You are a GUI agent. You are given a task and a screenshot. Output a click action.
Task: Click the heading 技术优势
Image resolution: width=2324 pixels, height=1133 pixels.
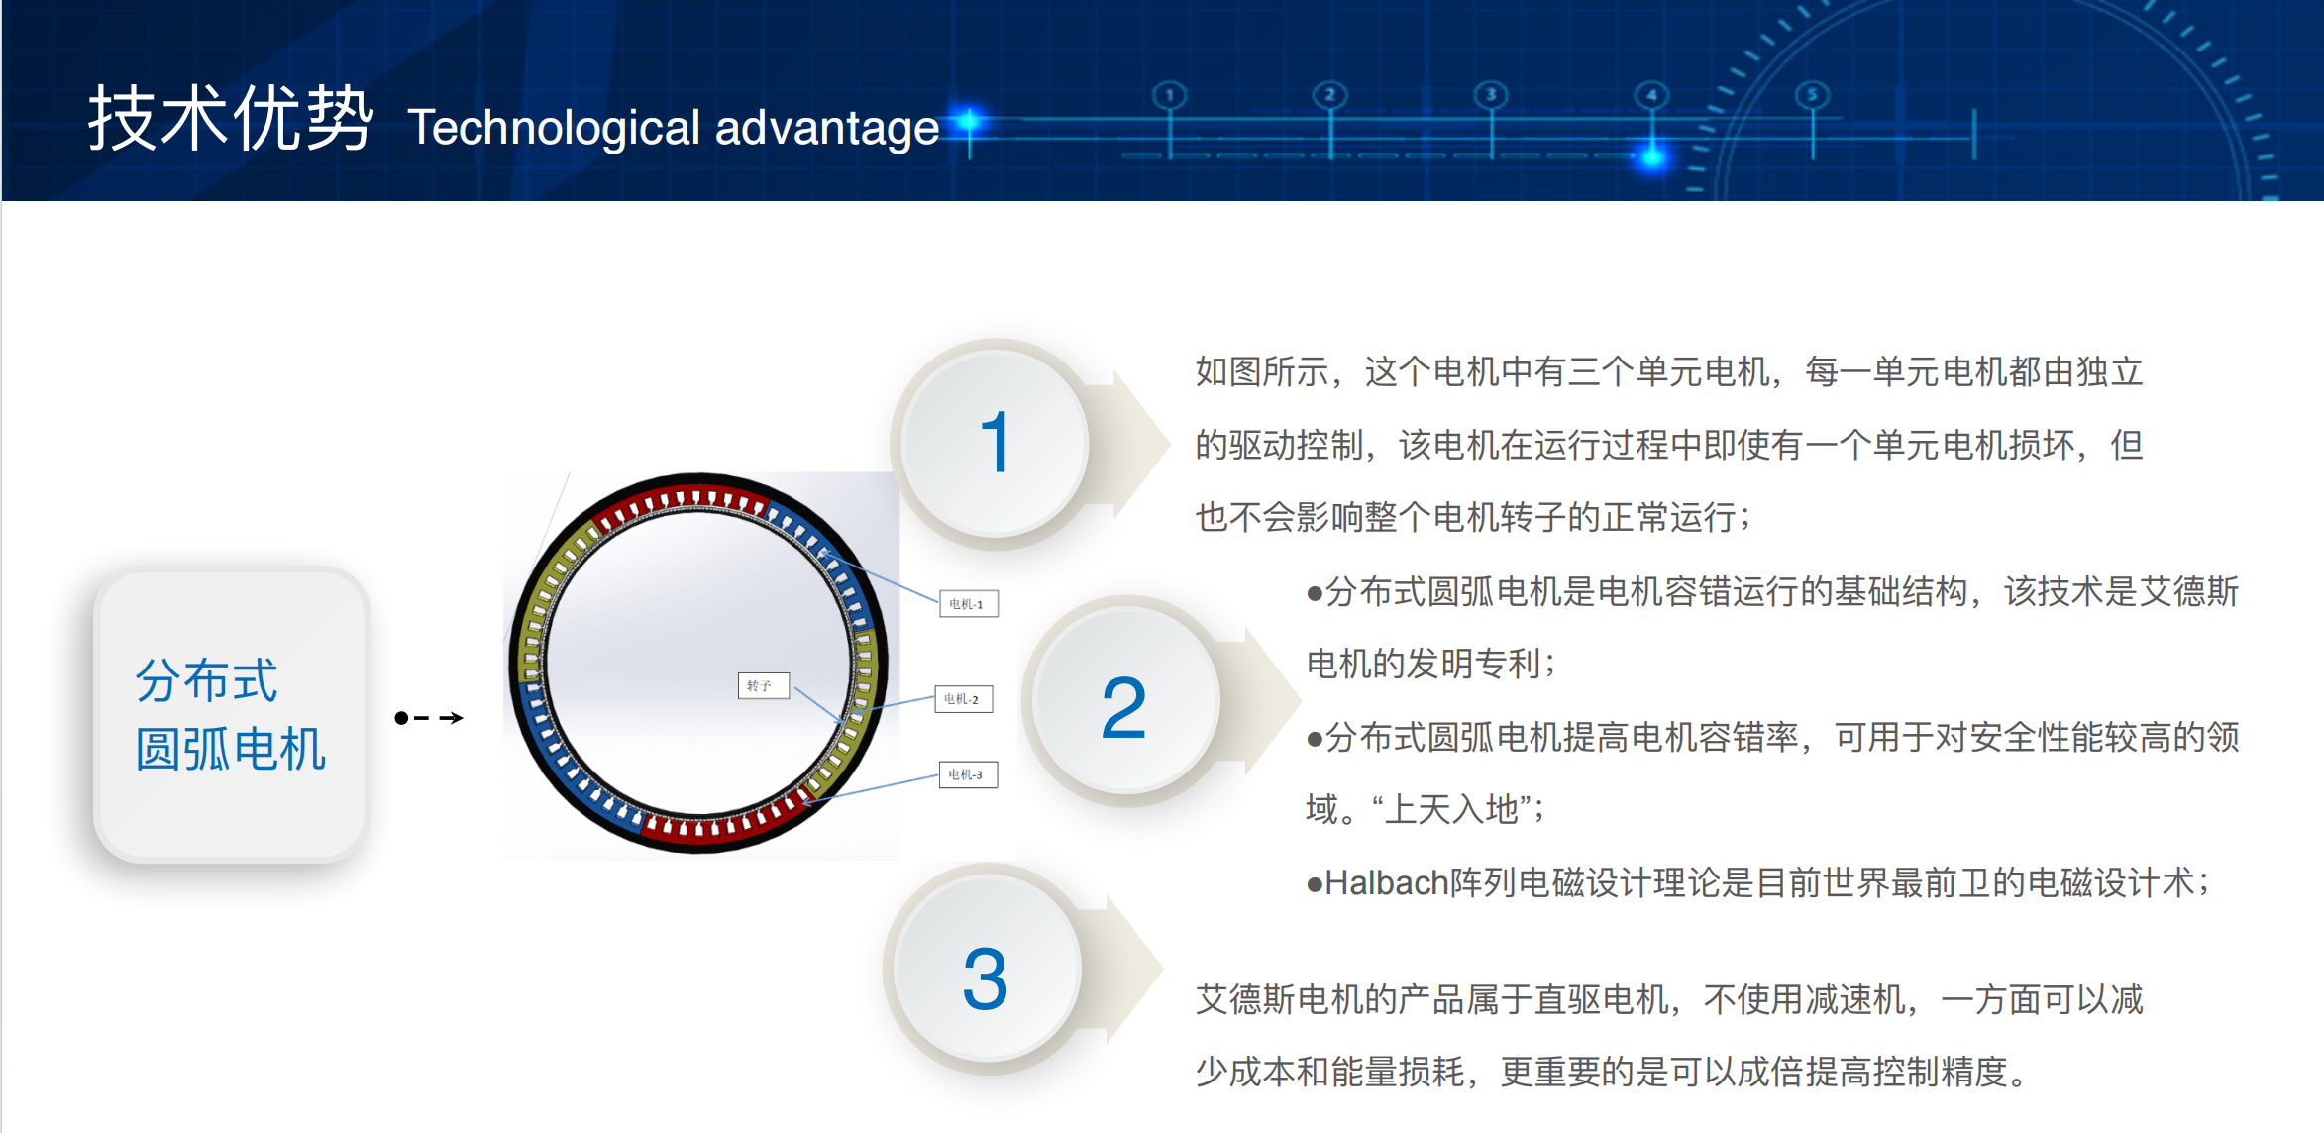pos(231,118)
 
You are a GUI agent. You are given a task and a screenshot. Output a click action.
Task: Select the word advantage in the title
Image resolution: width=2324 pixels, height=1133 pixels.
pos(827,128)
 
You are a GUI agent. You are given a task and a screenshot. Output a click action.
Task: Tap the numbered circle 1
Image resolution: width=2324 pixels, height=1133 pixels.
pos(995,443)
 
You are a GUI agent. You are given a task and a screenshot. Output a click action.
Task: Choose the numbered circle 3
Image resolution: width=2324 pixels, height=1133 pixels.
pos(986,976)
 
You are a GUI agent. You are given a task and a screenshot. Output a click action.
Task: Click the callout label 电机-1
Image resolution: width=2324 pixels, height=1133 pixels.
pos(968,603)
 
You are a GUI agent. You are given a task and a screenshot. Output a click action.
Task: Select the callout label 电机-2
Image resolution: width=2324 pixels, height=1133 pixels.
pos(963,699)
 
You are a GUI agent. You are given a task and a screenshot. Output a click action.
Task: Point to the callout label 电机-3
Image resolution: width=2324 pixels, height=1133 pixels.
pos(967,774)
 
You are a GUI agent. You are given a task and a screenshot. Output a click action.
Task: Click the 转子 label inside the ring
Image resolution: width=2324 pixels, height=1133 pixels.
pos(763,685)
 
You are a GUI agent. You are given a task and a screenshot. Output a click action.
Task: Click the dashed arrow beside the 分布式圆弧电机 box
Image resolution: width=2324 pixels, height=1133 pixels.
pos(429,717)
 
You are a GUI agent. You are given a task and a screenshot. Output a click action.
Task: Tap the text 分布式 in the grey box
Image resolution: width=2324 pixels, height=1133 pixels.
pos(207,680)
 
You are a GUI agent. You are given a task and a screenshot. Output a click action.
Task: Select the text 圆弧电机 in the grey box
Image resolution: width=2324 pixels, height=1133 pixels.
pos(231,749)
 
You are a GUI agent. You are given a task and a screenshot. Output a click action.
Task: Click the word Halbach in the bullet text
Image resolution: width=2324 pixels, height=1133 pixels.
pos(1386,882)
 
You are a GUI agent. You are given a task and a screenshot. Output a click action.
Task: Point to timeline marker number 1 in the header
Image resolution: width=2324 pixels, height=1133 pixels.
pos(1170,95)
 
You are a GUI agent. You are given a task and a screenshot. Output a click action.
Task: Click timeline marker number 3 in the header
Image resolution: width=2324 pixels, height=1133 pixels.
pos(1491,95)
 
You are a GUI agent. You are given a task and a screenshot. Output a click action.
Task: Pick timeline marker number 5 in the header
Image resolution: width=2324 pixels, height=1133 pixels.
pos(1813,95)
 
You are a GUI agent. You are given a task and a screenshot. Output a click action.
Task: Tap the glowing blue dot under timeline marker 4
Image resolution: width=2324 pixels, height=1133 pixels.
pos(1652,155)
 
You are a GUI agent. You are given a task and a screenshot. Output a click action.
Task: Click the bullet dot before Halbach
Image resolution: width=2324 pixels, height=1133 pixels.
pos(1315,884)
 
